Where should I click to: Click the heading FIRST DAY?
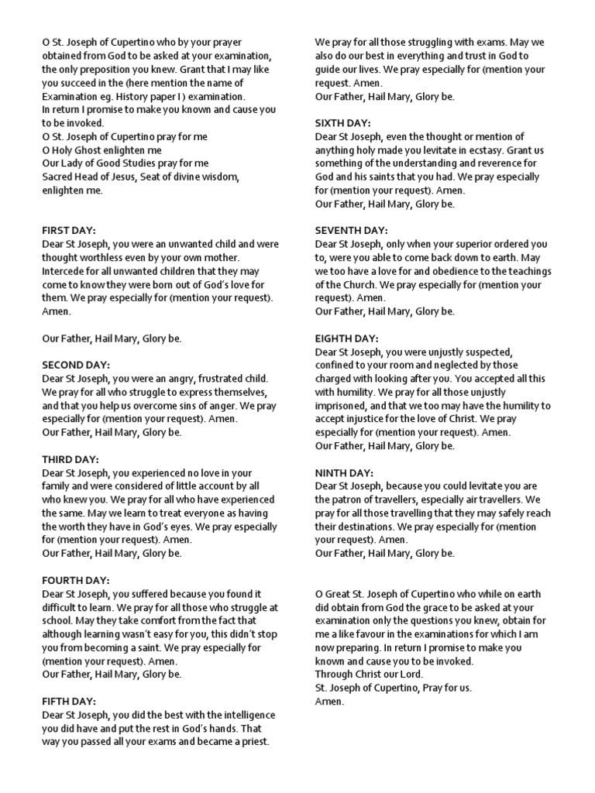click(x=68, y=231)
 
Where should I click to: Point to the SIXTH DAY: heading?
click(x=342, y=124)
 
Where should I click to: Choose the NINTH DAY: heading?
click(x=344, y=472)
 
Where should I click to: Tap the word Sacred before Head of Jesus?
click(x=58, y=177)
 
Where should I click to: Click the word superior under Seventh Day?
click(x=470, y=245)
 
